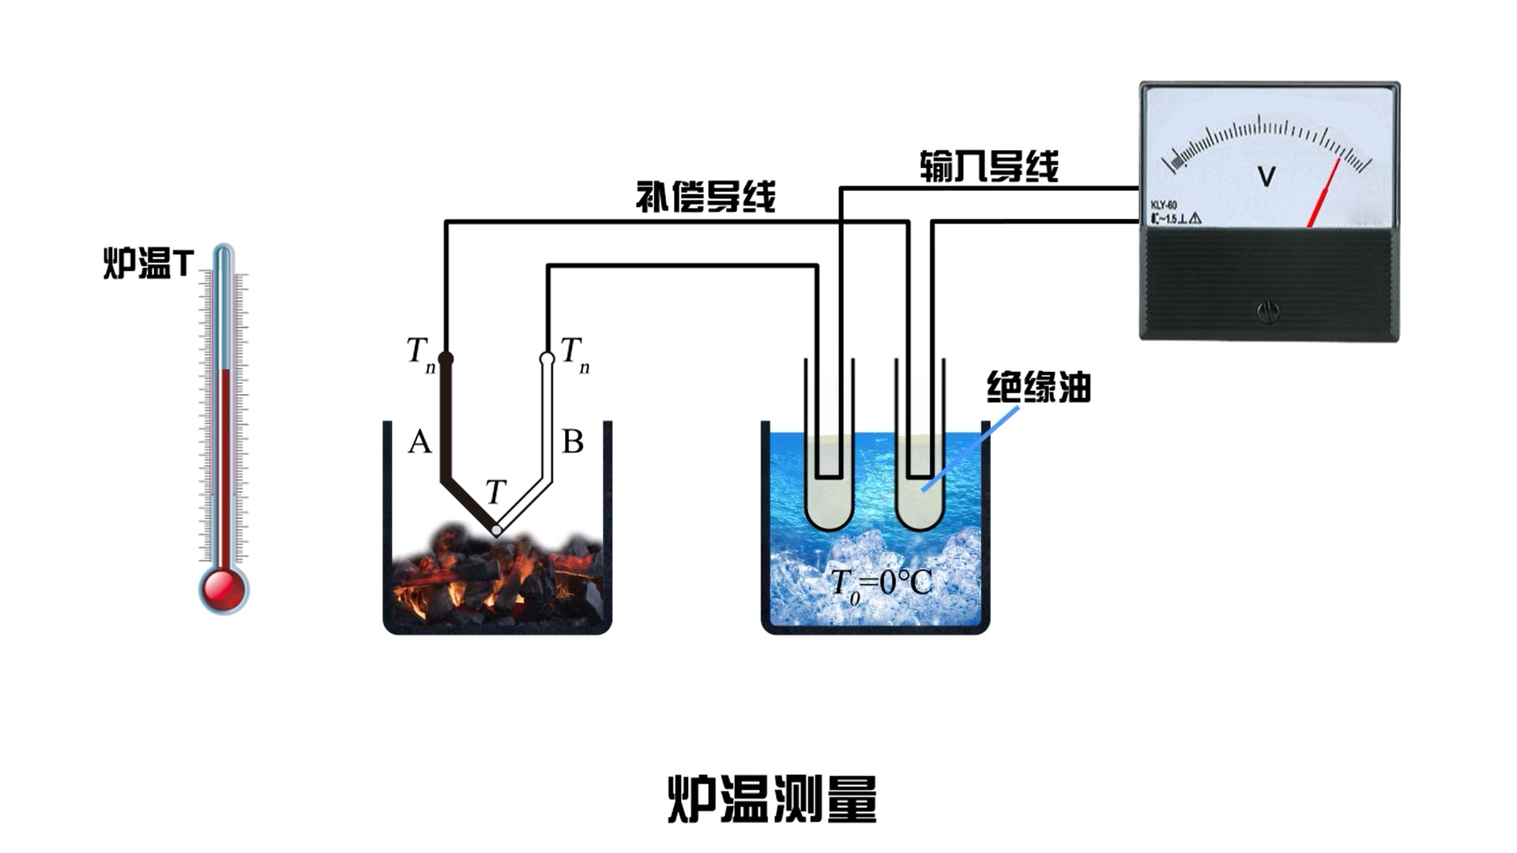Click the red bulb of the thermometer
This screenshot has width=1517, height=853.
(x=223, y=588)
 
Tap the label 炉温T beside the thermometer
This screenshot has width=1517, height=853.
(x=149, y=263)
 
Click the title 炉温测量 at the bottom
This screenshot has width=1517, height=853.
(x=772, y=799)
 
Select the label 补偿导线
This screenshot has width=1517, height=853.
(x=706, y=197)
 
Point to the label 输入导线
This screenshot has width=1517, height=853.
(x=988, y=167)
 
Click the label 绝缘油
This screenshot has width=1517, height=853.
(x=1038, y=388)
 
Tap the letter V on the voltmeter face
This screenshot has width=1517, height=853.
(x=1266, y=176)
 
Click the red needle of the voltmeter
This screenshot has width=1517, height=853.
(x=1323, y=194)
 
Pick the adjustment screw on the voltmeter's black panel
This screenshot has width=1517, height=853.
(x=1268, y=312)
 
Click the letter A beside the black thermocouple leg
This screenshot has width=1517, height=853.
(x=420, y=442)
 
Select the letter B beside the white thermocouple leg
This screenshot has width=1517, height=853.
(x=572, y=442)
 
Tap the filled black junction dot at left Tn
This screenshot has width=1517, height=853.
(x=446, y=359)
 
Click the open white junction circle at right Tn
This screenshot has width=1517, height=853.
(x=547, y=359)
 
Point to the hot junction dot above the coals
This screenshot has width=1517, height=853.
(x=496, y=530)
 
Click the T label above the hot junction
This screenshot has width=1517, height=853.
(x=495, y=492)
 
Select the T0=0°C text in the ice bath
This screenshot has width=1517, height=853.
(x=881, y=584)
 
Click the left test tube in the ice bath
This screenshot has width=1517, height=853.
(x=829, y=490)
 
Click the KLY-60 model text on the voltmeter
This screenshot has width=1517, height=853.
(x=1164, y=205)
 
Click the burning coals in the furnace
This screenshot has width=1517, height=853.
(x=496, y=577)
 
